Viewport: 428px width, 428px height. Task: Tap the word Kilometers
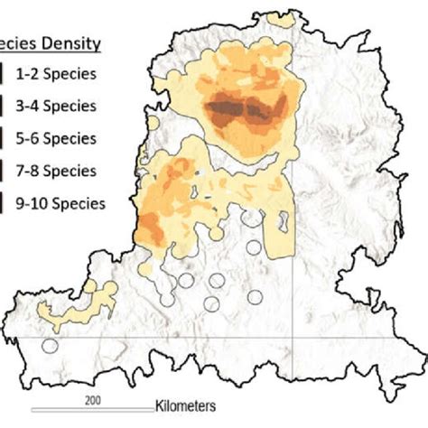(x=184, y=406)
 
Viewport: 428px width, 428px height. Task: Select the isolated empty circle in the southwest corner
(x=50, y=344)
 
